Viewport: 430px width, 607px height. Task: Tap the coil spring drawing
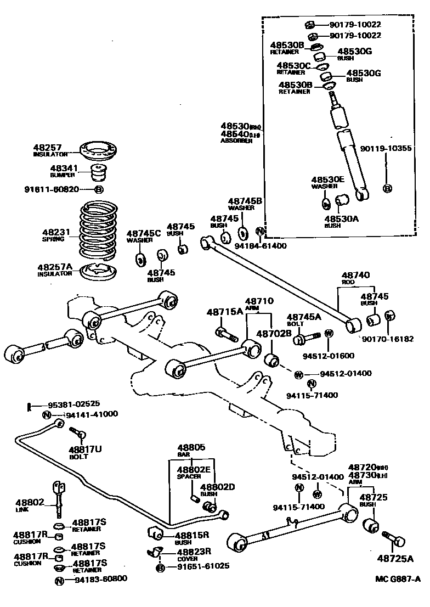click(x=98, y=231)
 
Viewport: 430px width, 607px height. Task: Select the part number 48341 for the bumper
click(x=64, y=168)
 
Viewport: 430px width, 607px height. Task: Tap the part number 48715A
click(x=224, y=312)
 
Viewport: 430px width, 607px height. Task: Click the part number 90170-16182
click(x=392, y=339)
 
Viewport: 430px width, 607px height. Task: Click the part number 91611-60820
click(x=52, y=189)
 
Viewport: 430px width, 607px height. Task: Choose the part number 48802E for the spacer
click(x=193, y=470)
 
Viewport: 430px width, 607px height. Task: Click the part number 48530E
click(x=328, y=179)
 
